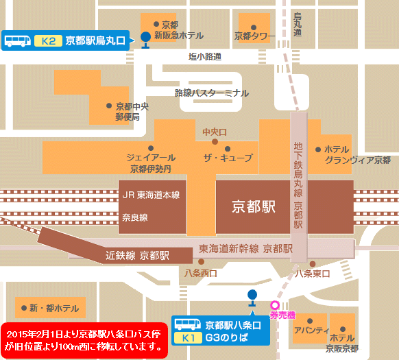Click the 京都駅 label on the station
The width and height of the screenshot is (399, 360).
254,206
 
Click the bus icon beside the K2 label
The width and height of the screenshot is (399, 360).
18,40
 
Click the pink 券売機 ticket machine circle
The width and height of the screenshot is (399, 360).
276,306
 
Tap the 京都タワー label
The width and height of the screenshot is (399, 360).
254,36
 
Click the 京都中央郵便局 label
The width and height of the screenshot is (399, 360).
132,112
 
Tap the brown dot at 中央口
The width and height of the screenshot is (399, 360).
215,142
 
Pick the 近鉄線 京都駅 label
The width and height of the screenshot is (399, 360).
137,255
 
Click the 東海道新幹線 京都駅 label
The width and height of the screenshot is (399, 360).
246,248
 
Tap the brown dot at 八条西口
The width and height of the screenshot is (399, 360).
200,261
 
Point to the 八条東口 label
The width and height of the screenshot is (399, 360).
312,274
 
